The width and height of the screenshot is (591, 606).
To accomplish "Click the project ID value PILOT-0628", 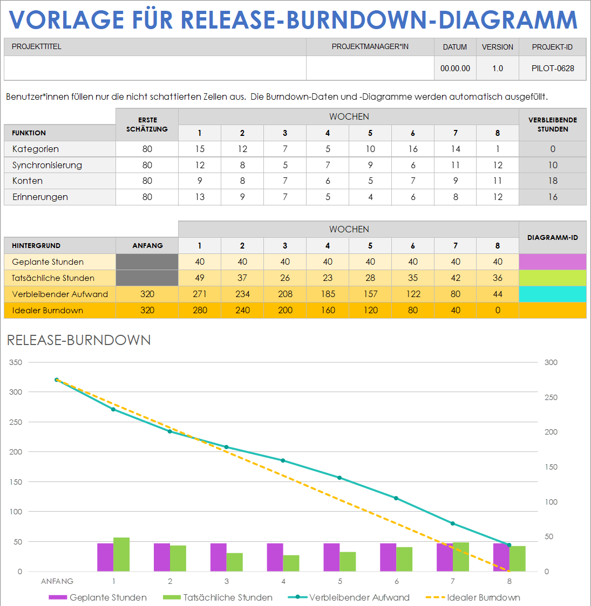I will click(x=553, y=68).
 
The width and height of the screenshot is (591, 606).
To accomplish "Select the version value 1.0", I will click(x=498, y=68).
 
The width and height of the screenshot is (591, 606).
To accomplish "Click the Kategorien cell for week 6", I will click(x=413, y=149).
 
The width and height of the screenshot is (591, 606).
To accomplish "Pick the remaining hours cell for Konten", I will click(x=553, y=181).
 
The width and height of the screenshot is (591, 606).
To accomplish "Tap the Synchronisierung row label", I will click(x=47, y=165).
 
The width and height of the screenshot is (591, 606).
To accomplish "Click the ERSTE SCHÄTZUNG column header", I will click(x=147, y=125).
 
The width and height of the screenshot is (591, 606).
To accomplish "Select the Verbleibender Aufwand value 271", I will click(x=200, y=294).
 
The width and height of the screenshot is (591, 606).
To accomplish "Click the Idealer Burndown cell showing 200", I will click(x=285, y=310).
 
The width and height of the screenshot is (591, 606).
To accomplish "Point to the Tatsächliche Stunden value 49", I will click(x=200, y=278).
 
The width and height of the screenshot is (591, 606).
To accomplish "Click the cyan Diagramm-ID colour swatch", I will click(x=552, y=294).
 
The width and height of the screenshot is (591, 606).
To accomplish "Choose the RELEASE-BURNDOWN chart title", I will click(x=79, y=340).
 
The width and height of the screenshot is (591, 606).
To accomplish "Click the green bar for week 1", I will click(x=121, y=554).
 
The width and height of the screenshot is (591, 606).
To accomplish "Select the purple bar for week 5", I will click(x=331, y=557).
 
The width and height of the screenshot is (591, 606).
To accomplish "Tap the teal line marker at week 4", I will click(x=283, y=460).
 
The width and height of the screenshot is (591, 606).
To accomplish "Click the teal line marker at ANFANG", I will click(x=57, y=380).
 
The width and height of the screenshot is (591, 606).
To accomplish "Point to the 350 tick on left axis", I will click(x=16, y=362).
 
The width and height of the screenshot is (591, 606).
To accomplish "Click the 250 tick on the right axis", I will click(x=551, y=397).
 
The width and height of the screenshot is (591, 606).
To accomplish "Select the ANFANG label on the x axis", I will click(x=57, y=581).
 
